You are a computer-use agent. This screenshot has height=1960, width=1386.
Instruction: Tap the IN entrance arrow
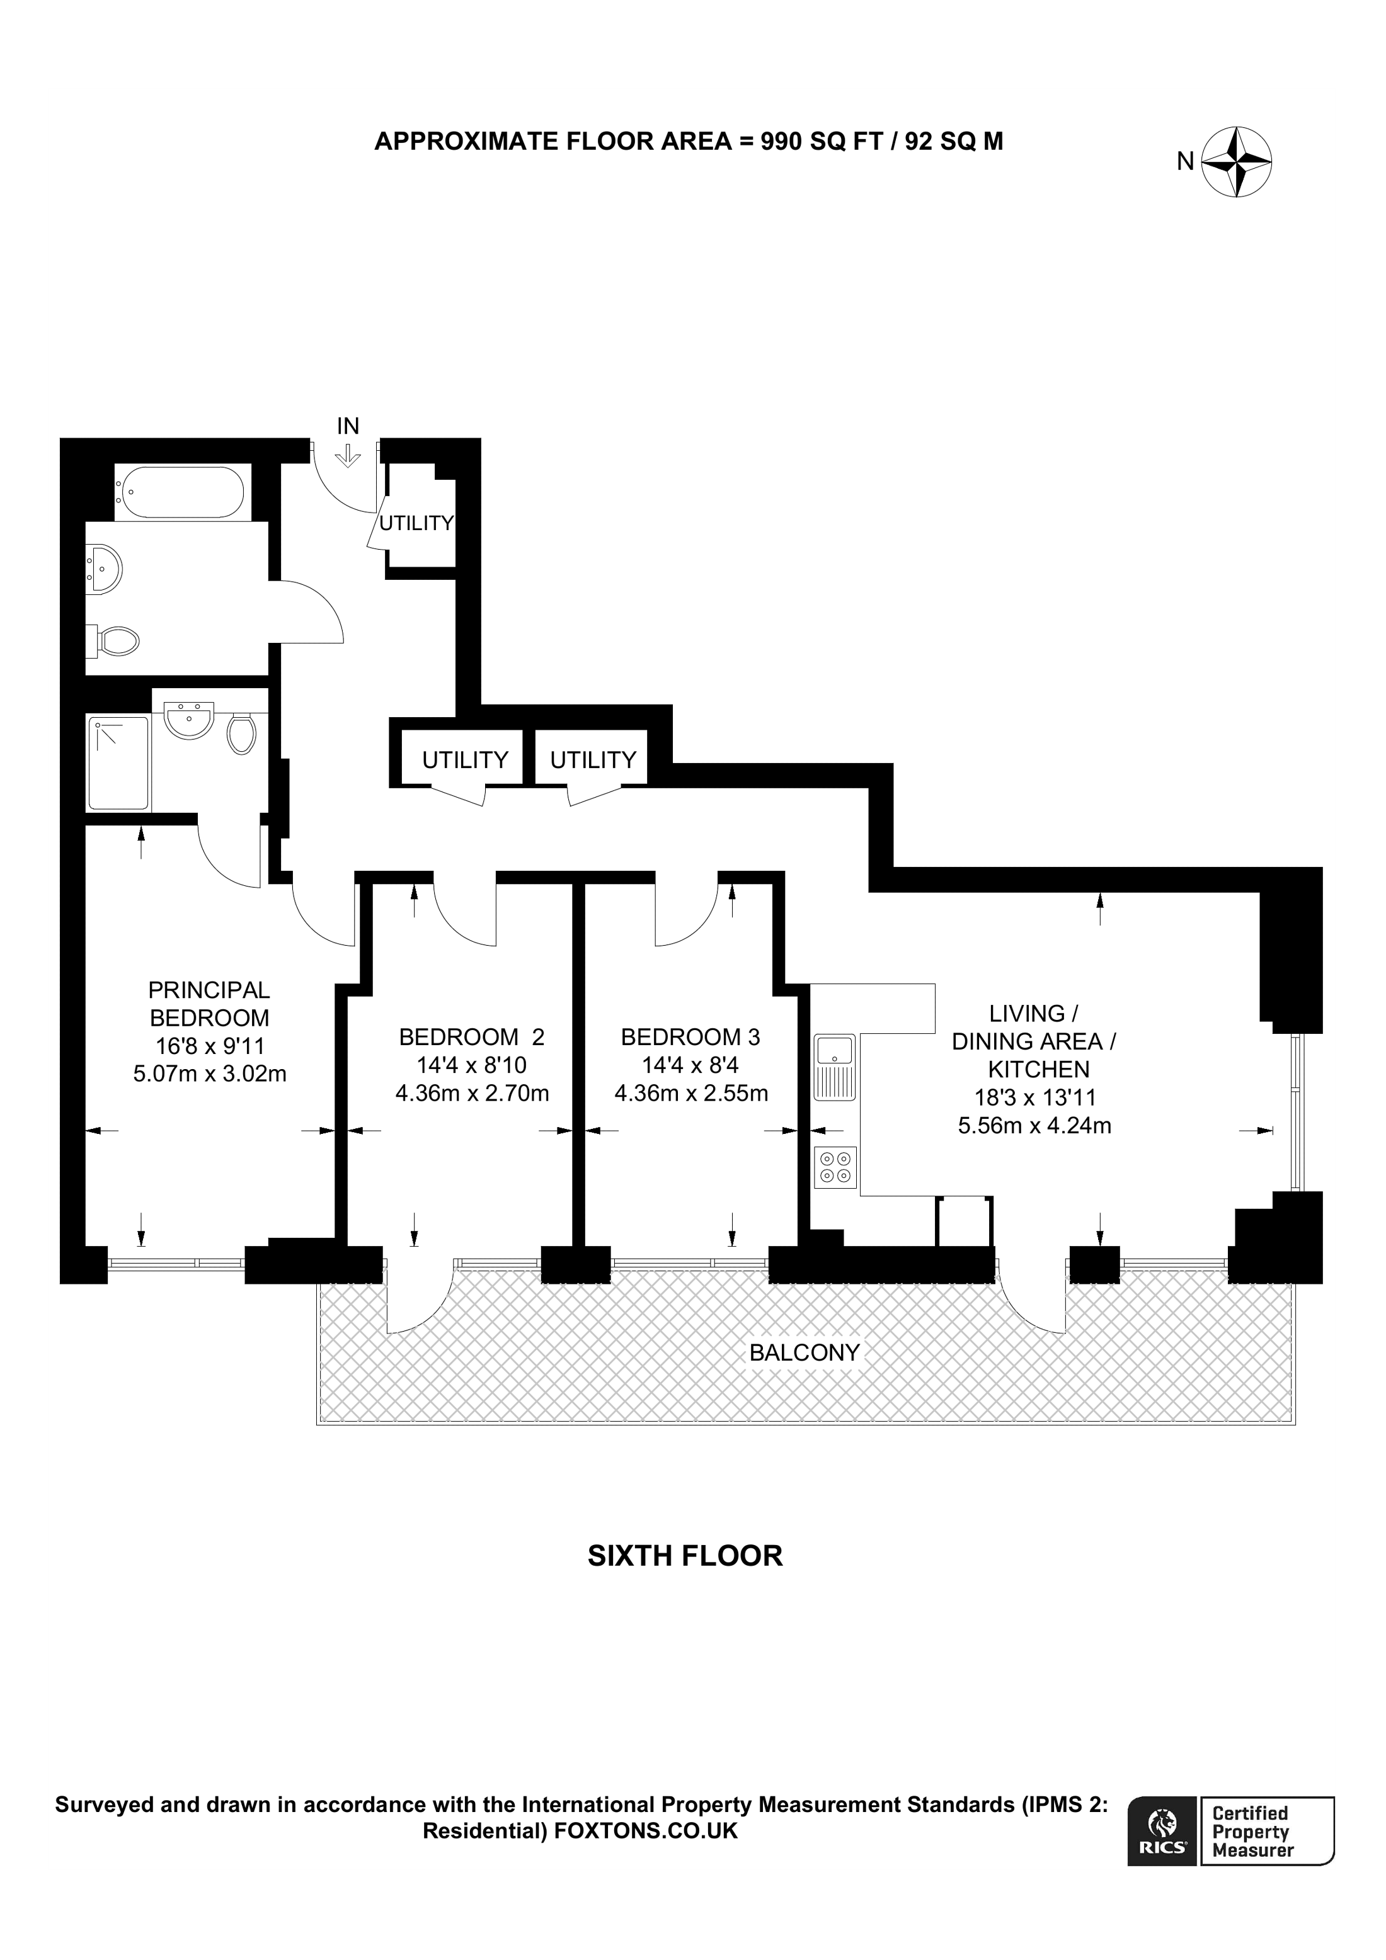pos(348,456)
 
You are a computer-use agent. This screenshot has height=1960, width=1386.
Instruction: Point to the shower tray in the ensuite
pos(118,763)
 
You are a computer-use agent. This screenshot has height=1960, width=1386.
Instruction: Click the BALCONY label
pos(805,1352)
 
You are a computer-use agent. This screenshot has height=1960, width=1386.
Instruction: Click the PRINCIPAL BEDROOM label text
pos(209,1004)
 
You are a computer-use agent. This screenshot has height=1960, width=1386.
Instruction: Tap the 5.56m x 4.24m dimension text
pos(1034,1125)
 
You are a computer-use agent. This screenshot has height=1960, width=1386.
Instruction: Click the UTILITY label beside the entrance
pos(416,523)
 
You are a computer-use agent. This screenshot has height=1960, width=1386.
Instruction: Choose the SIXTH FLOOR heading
pos(685,1555)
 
